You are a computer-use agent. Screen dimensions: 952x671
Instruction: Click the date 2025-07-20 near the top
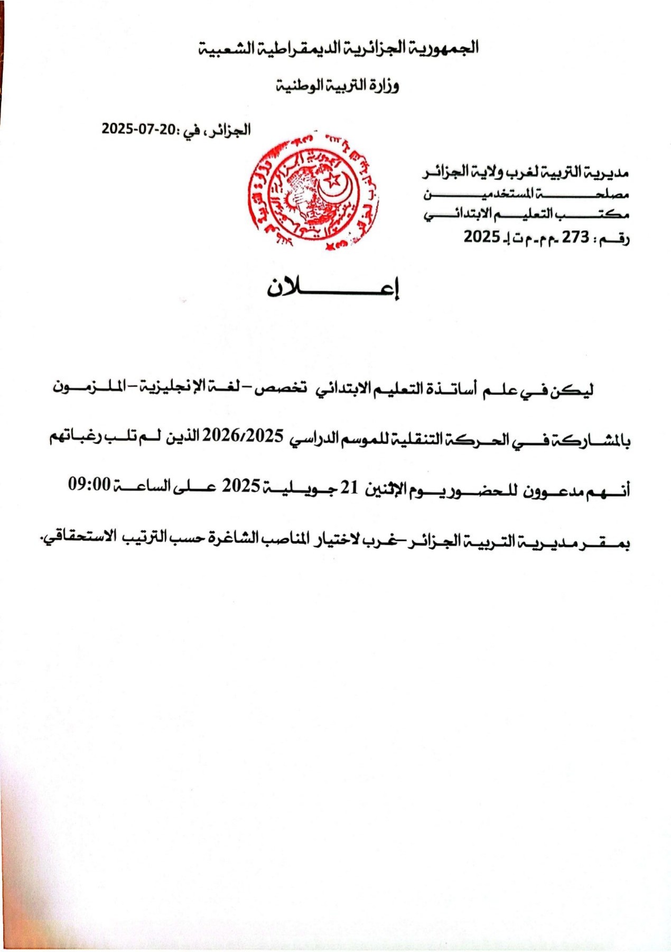pyautogui.click(x=138, y=128)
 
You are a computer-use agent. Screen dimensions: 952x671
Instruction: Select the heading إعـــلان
pyautogui.click(x=333, y=288)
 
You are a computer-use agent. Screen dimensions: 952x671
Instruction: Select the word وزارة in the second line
pyautogui.click(x=383, y=85)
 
